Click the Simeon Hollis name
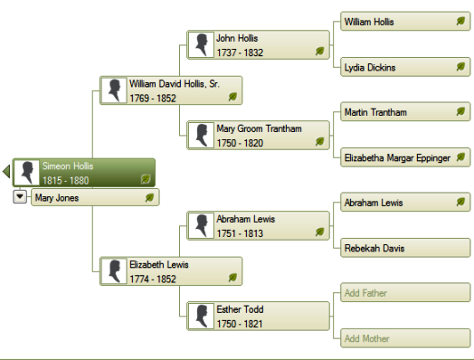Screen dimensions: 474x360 click(x=68, y=166)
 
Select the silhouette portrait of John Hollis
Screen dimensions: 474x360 click(x=201, y=44)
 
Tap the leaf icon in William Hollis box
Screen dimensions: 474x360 click(x=460, y=21)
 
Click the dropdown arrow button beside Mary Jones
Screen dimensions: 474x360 click(x=20, y=196)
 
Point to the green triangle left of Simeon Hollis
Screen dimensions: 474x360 click(x=6, y=171)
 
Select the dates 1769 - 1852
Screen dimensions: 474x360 click(x=153, y=99)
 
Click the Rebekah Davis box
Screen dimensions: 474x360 click(x=405, y=248)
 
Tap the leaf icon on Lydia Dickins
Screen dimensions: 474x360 click(x=460, y=67)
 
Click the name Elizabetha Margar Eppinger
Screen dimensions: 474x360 click(x=397, y=157)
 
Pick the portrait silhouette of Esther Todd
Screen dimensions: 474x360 click(x=201, y=317)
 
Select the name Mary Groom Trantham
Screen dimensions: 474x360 click(x=259, y=128)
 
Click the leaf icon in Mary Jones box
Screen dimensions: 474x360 click(x=149, y=198)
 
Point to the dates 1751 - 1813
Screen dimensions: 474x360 click(x=240, y=233)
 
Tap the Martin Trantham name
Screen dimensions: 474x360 click(x=375, y=112)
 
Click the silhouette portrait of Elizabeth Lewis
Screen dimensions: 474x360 click(x=114, y=271)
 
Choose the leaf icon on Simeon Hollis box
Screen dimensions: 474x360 click(x=146, y=179)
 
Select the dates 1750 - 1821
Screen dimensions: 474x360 click(x=240, y=324)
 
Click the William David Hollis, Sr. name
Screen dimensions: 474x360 click(x=175, y=84)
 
